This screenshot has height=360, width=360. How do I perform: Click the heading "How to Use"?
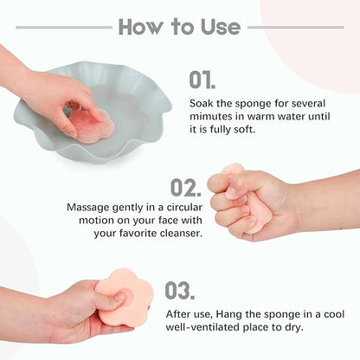[179, 26]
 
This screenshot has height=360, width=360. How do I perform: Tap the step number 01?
[202, 80]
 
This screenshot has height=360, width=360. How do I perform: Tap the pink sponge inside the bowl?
[90, 125]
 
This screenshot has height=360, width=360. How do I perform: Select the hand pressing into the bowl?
[52, 95]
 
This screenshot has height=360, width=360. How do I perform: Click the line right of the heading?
[295, 27]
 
